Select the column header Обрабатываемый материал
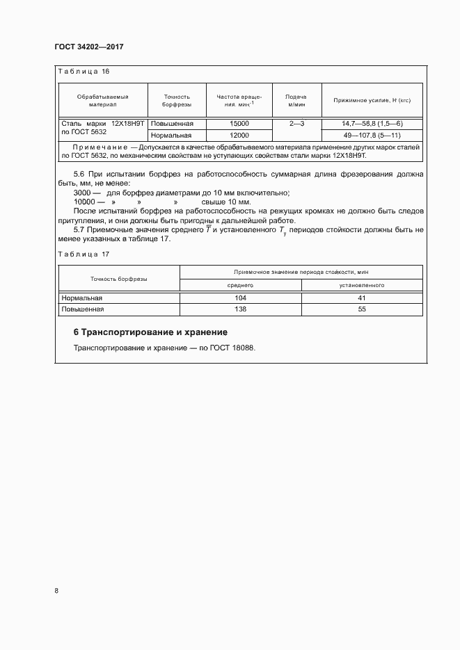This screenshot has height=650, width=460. pyautogui.click(x=102, y=101)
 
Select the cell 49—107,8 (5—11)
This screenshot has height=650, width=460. pyautogui.click(x=372, y=135)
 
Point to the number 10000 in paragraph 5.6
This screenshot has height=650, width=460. pyautogui.click(x=84, y=202)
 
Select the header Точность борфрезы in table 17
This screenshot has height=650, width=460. pyautogui.click(x=118, y=279)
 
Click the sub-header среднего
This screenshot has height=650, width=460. pyautogui.click(x=241, y=285)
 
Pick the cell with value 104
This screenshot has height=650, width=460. pyautogui.click(x=241, y=298)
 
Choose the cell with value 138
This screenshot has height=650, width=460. pyautogui.click(x=241, y=309)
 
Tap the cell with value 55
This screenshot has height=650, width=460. pyautogui.click(x=362, y=309)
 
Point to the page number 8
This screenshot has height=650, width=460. pyautogui.click(x=56, y=591)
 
